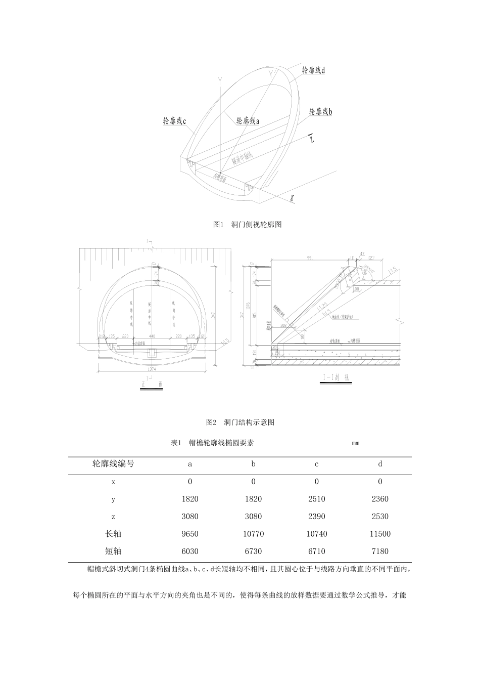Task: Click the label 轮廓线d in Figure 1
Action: pyautogui.click(x=313, y=70)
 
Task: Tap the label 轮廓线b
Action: pyautogui.click(x=320, y=111)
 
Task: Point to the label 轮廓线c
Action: pyautogui.click(x=175, y=121)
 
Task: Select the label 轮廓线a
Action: pyautogui.click(x=248, y=121)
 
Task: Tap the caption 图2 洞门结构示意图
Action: pyautogui.click(x=240, y=422)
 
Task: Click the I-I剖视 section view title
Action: pyautogui.click(x=335, y=377)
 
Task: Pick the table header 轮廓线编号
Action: pyautogui.click(x=113, y=463)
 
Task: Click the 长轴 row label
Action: pyautogui.click(x=113, y=534)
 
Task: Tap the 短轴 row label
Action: pyautogui.click(x=113, y=551)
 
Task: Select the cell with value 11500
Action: pyautogui.click(x=380, y=534)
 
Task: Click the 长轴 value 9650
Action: pyautogui.click(x=190, y=534)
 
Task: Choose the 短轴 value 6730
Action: pyautogui.click(x=253, y=551)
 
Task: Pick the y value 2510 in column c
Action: pyautogui.click(x=317, y=499)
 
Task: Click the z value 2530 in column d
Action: pyautogui.click(x=380, y=517)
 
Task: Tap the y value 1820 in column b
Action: pyautogui.click(x=253, y=499)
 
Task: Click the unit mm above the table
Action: pyautogui.click(x=356, y=443)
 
